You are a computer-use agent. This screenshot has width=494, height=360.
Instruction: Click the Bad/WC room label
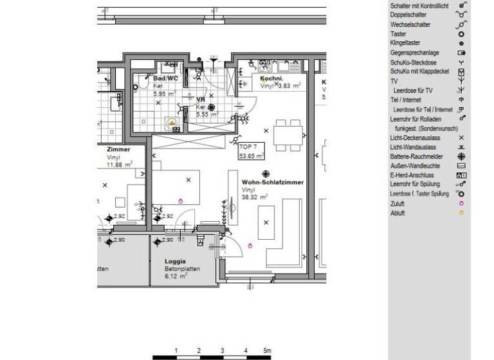click(165, 78)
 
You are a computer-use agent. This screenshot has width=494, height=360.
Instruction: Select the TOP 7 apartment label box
click(252, 151)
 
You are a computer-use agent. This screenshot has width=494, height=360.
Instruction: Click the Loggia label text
click(175, 261)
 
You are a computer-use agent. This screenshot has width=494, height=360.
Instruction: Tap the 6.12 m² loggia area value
click(176, 276)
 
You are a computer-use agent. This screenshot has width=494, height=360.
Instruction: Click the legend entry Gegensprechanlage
click(415, 52)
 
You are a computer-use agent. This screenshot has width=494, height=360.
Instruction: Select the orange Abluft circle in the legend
click(461, 213)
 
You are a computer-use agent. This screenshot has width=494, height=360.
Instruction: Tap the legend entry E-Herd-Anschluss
click(415, 175)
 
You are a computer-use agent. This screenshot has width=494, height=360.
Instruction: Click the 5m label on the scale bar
click(267, 350)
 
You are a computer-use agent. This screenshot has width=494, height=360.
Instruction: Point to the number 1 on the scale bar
click(176, 350)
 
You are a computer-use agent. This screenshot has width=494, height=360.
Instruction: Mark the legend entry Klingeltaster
click(405, 43)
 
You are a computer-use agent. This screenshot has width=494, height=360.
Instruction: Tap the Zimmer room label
click(118, 149)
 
